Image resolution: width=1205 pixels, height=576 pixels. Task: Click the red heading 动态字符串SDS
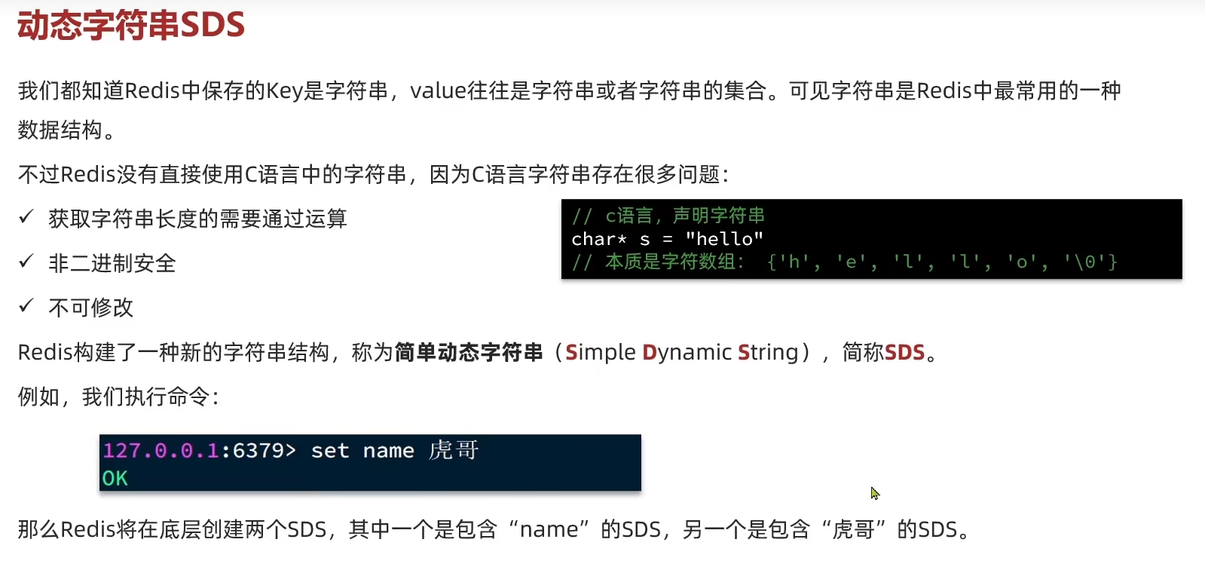tap(131, 26)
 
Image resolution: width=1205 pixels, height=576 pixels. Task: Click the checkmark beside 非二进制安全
tap(26, 262)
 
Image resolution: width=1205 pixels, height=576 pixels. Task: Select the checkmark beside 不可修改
tap(26, 305)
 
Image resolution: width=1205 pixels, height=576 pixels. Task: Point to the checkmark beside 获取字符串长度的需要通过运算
tap(26, 217)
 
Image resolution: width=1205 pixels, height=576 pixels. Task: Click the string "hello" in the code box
tap(724, 239)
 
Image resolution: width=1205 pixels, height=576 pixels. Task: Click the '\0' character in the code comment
tap(1084, 262)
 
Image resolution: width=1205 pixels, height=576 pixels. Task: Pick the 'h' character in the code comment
tap(794, 262)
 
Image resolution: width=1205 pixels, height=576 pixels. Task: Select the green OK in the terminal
tap(115, 478)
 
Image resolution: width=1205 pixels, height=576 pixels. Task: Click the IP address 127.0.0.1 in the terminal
tap(161, 451)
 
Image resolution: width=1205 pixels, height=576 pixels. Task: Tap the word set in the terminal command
tap(330, 451)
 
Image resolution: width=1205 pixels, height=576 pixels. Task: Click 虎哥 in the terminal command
tap(454, 450)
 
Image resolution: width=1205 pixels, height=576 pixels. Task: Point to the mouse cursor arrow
tap(874, 493)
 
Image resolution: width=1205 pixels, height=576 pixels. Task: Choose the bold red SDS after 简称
tap(904, 352)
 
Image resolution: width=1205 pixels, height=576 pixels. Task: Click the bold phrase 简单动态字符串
tap(468, 352)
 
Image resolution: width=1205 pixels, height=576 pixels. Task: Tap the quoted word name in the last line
tap(549, 529)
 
